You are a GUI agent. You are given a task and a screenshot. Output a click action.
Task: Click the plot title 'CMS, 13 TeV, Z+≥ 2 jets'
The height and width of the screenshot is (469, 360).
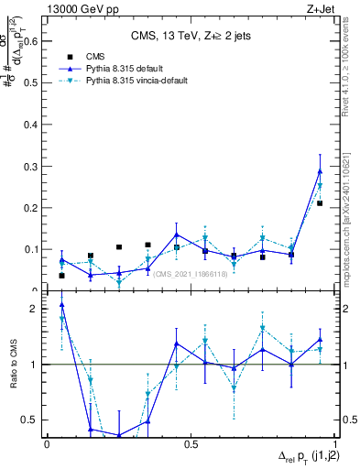point(191,36)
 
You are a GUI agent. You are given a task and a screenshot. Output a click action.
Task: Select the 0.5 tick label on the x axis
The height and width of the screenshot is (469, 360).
point(190,443)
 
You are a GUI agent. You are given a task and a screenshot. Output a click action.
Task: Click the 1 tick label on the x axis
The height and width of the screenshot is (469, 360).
point(333,443)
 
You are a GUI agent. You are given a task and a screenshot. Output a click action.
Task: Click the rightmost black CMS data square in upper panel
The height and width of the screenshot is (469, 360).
point(320,203)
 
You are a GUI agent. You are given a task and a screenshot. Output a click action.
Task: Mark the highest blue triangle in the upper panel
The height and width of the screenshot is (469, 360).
point(320,171)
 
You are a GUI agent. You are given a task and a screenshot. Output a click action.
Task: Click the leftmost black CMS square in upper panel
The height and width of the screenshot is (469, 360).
point(61,276)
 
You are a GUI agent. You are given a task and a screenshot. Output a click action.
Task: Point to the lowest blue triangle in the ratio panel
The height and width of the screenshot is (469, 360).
point(119,435)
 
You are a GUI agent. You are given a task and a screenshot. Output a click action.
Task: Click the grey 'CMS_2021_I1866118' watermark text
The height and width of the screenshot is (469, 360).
point(190,274)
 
